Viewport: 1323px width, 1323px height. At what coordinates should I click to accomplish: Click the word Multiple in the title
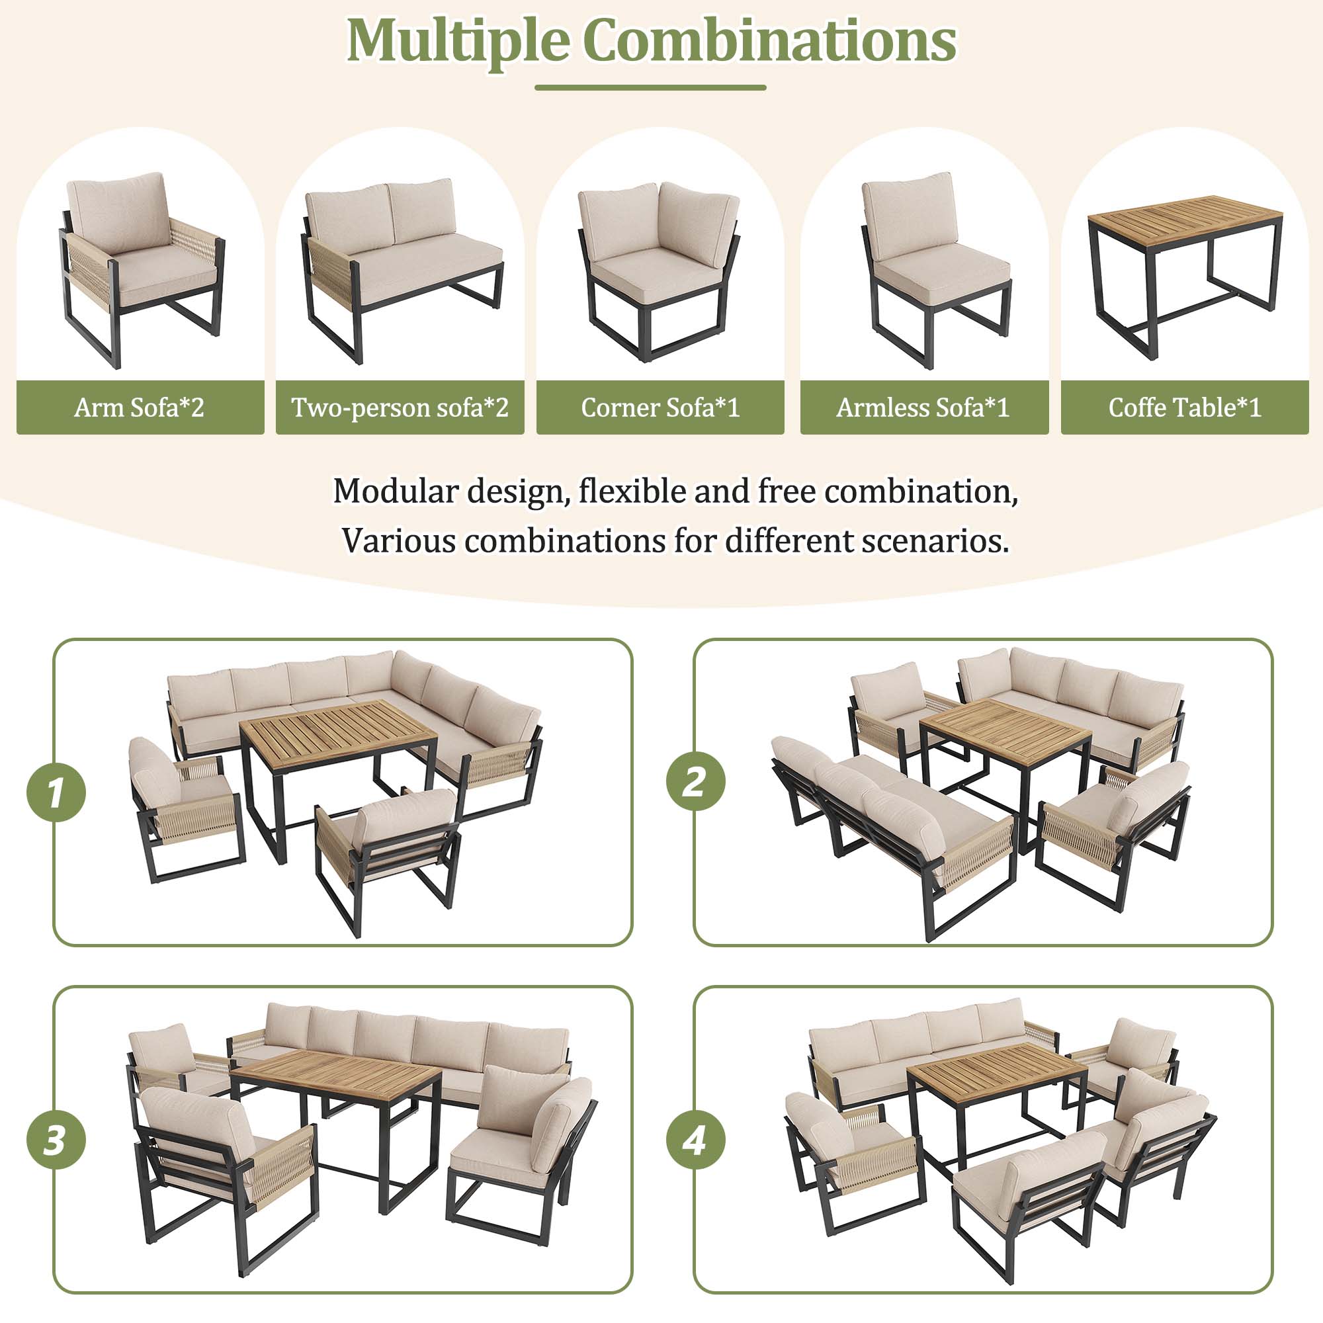click(458, 41)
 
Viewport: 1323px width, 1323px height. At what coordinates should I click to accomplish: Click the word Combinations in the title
click(769, 41)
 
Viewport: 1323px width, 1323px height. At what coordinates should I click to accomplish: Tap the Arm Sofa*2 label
click(140, 407)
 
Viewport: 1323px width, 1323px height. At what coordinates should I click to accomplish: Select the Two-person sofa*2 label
click(400, 407)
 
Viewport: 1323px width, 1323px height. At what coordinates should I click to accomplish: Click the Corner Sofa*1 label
click(660, 407)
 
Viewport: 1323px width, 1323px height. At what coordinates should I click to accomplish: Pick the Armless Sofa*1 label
click(923, 407)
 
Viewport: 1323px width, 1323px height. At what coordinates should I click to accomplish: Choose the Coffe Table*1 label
click(1184, 407)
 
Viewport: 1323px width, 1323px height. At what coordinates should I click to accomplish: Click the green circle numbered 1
click(56, 792)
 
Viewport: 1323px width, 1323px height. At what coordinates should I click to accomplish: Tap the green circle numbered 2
click(695, 781)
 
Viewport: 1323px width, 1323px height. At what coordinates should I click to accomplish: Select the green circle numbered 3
click(56, 1140)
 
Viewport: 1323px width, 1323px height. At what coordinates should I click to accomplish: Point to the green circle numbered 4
click(695, 1140)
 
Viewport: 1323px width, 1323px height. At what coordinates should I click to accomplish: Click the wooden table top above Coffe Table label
click(1185, 216)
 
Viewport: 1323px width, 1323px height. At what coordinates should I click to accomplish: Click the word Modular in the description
click(395, 491)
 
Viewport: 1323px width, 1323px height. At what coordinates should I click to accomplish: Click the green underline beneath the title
click(650, 88)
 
